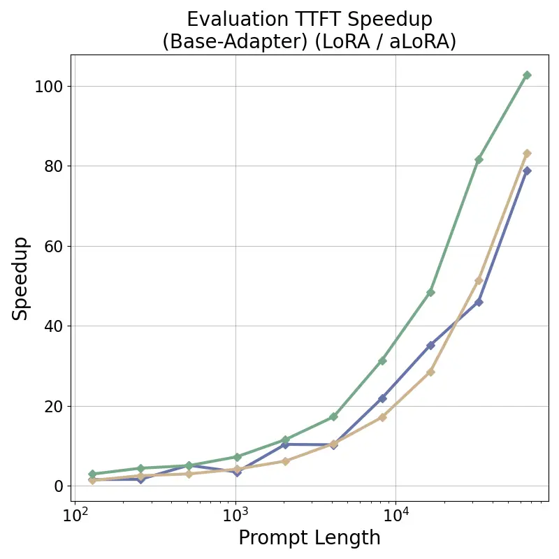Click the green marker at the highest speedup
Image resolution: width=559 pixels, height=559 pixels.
tap(527, 75)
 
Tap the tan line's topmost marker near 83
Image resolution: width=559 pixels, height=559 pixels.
tap(527, 154)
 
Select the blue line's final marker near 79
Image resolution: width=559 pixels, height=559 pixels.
tap(527, 170)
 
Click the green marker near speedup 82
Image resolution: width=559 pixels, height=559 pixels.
tap(479, 160)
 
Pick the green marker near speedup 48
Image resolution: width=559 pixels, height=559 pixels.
tap(430, 292)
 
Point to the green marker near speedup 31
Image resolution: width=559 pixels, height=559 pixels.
tap(382, 361)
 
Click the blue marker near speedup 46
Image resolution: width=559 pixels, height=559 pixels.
tap(479, 302)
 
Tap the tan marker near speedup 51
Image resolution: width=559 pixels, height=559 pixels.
tap(479, 281)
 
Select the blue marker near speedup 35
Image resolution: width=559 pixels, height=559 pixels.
tap(430, 345)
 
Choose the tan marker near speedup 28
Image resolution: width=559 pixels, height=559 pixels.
tap(430, 372)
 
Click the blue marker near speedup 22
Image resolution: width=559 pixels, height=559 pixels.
tap(382, 398)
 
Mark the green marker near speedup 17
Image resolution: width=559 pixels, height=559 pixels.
tap(333, 416)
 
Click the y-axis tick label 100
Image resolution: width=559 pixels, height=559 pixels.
tap(49, 87)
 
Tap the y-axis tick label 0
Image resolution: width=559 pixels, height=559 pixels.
tap(59, 486)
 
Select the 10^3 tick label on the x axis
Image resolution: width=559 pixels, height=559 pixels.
tap(235, 516)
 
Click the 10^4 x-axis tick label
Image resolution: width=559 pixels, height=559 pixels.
tap(395, 516)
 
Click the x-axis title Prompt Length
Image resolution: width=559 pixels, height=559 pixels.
tap(310, 538)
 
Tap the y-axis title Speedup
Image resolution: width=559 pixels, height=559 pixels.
tap(21, 278)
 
